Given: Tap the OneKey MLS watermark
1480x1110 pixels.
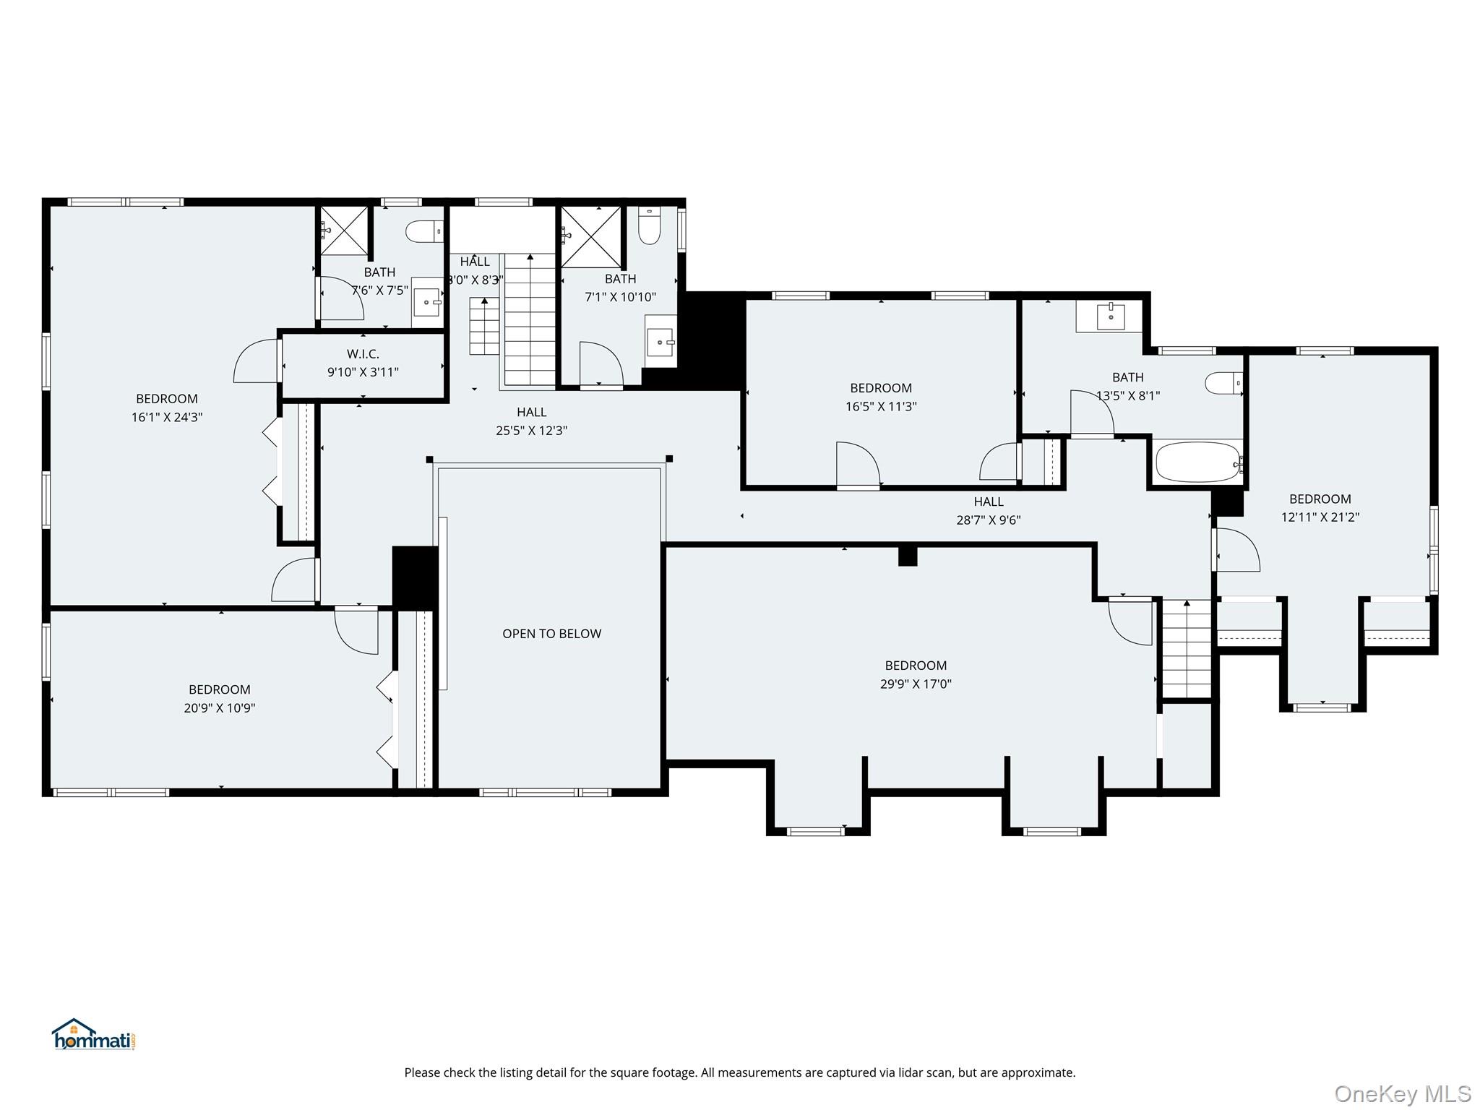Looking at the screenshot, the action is pos(1403,1093).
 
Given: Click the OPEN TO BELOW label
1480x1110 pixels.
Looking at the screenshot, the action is pos(551,634).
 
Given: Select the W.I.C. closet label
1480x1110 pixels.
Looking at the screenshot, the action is pos(363,354).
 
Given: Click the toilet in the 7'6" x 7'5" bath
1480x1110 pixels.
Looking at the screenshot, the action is pos(424,231).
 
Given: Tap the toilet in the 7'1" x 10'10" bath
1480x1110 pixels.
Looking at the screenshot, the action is pos(649,225).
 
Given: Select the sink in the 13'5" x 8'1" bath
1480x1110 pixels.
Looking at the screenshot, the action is pos(1109,316).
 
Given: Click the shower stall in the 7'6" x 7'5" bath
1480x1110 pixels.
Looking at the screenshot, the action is pos(344,231).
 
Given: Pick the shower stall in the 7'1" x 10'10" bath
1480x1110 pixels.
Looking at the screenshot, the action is pos(591,236).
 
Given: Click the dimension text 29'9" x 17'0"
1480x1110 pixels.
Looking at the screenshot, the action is pos(916,684).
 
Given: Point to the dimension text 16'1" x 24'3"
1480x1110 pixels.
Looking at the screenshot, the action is pos(167,417).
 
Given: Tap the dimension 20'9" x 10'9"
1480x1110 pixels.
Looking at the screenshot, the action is pos(220,708).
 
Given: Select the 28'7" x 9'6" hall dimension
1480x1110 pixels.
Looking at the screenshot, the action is pos(989,520).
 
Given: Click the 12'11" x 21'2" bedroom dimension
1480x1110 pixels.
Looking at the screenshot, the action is pos(1320,517).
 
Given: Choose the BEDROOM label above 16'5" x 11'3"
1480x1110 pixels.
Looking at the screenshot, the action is pos(881,388).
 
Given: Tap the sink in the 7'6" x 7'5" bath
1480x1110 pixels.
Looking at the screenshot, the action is pos(427,303).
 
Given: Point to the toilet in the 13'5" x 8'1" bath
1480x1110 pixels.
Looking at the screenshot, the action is pos(1224,382).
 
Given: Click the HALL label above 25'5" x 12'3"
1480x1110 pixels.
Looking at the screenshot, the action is pos(531,412).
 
